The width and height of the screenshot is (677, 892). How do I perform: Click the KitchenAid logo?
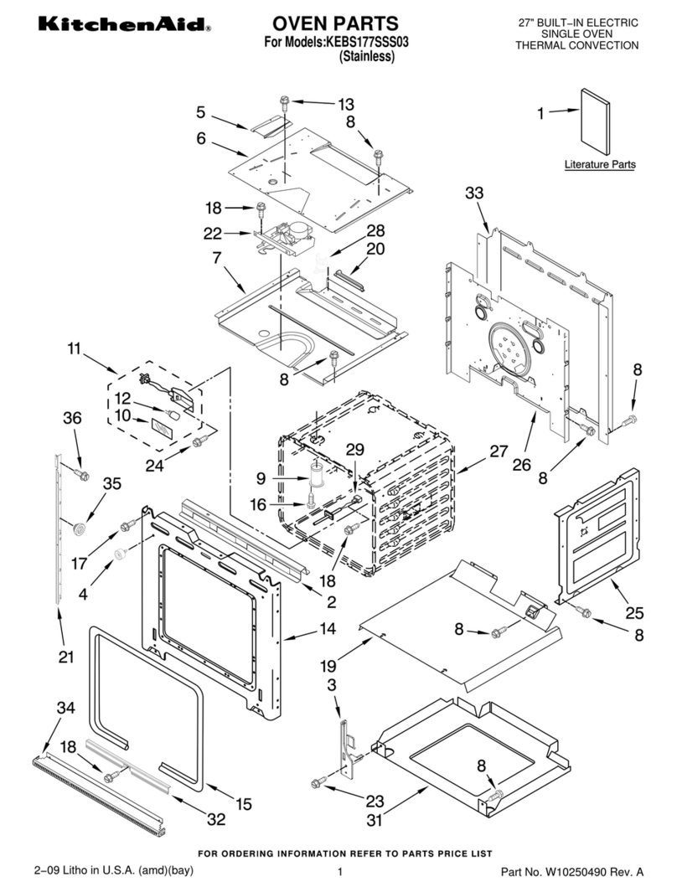tap(108, 28)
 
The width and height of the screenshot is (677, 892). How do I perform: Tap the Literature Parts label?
tap(599, 165)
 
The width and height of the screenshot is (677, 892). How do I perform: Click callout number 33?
tap(474, 193)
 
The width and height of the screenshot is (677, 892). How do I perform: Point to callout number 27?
tap(499, 451)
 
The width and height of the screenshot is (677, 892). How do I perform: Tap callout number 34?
tap(65, 708)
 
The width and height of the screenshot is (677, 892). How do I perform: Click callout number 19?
tap(329, 666)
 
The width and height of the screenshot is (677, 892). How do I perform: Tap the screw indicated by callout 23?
tap(318, 782)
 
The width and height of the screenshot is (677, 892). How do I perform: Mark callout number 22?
tap(214, 233)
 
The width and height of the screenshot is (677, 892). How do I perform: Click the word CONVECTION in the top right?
tap(609, 46)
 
